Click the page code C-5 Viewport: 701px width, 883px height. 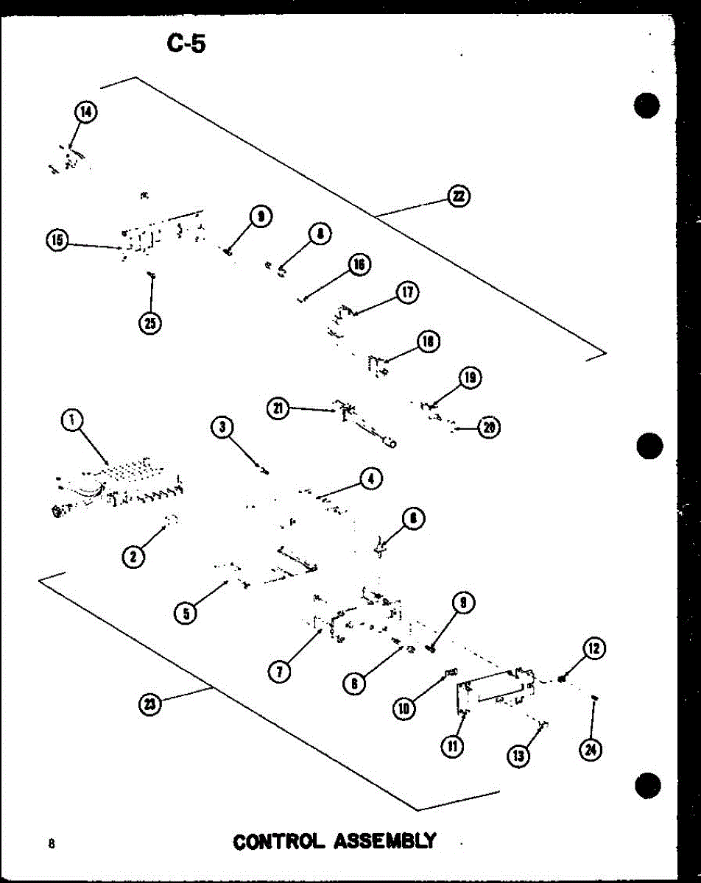click(186, 44)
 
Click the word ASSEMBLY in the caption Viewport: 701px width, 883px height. click(385, 840)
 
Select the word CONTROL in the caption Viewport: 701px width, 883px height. click(278, 840)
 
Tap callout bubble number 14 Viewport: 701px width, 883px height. click(86, 112)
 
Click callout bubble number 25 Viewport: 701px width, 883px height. click(151, 323)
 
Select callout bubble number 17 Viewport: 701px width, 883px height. click(406, 292)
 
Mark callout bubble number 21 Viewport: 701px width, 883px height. click(278, 409)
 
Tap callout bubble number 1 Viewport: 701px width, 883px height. click(71, 420)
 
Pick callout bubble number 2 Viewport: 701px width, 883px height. click(133, 556)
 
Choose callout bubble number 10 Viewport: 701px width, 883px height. click(404, 708)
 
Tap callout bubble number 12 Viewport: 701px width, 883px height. click(593, 648)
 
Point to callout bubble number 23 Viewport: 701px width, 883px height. click(150, 704)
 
